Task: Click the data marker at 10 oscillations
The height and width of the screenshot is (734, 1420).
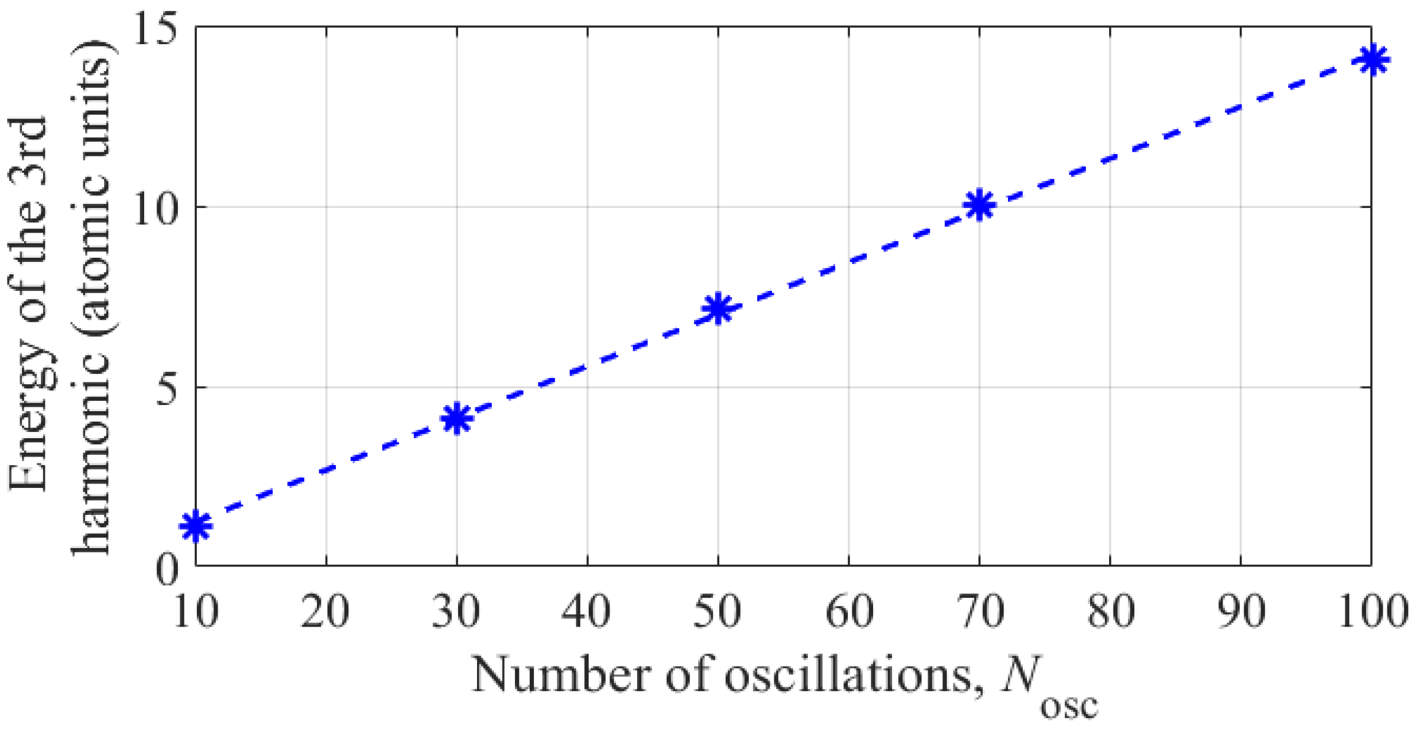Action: click(196, 526)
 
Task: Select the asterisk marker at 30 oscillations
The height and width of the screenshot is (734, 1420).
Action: click(457, 419)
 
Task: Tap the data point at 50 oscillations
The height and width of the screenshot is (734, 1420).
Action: click(718, 308)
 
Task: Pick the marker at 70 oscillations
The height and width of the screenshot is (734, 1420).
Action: click(979, 205)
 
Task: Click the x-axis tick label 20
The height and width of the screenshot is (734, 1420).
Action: click(326, 612)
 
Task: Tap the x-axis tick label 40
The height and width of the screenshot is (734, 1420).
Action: click(587, 612)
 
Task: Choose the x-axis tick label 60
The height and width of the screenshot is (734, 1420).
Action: click(849, 612)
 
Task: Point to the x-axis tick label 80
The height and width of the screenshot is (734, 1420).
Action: click(1110, 612)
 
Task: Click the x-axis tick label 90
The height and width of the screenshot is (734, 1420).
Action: click(1241, 612)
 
